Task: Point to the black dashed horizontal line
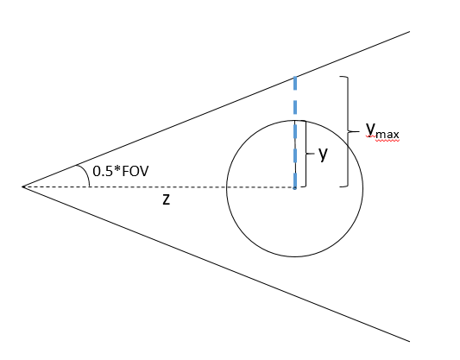129,186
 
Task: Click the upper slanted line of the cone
216,109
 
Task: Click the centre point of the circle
295,187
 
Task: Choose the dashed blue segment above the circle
295,98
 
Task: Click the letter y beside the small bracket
324,155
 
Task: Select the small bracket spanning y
308,154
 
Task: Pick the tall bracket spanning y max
348,131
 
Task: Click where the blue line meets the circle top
295,119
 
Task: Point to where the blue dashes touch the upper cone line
295,76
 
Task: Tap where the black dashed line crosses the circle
227,186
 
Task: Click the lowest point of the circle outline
295,256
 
